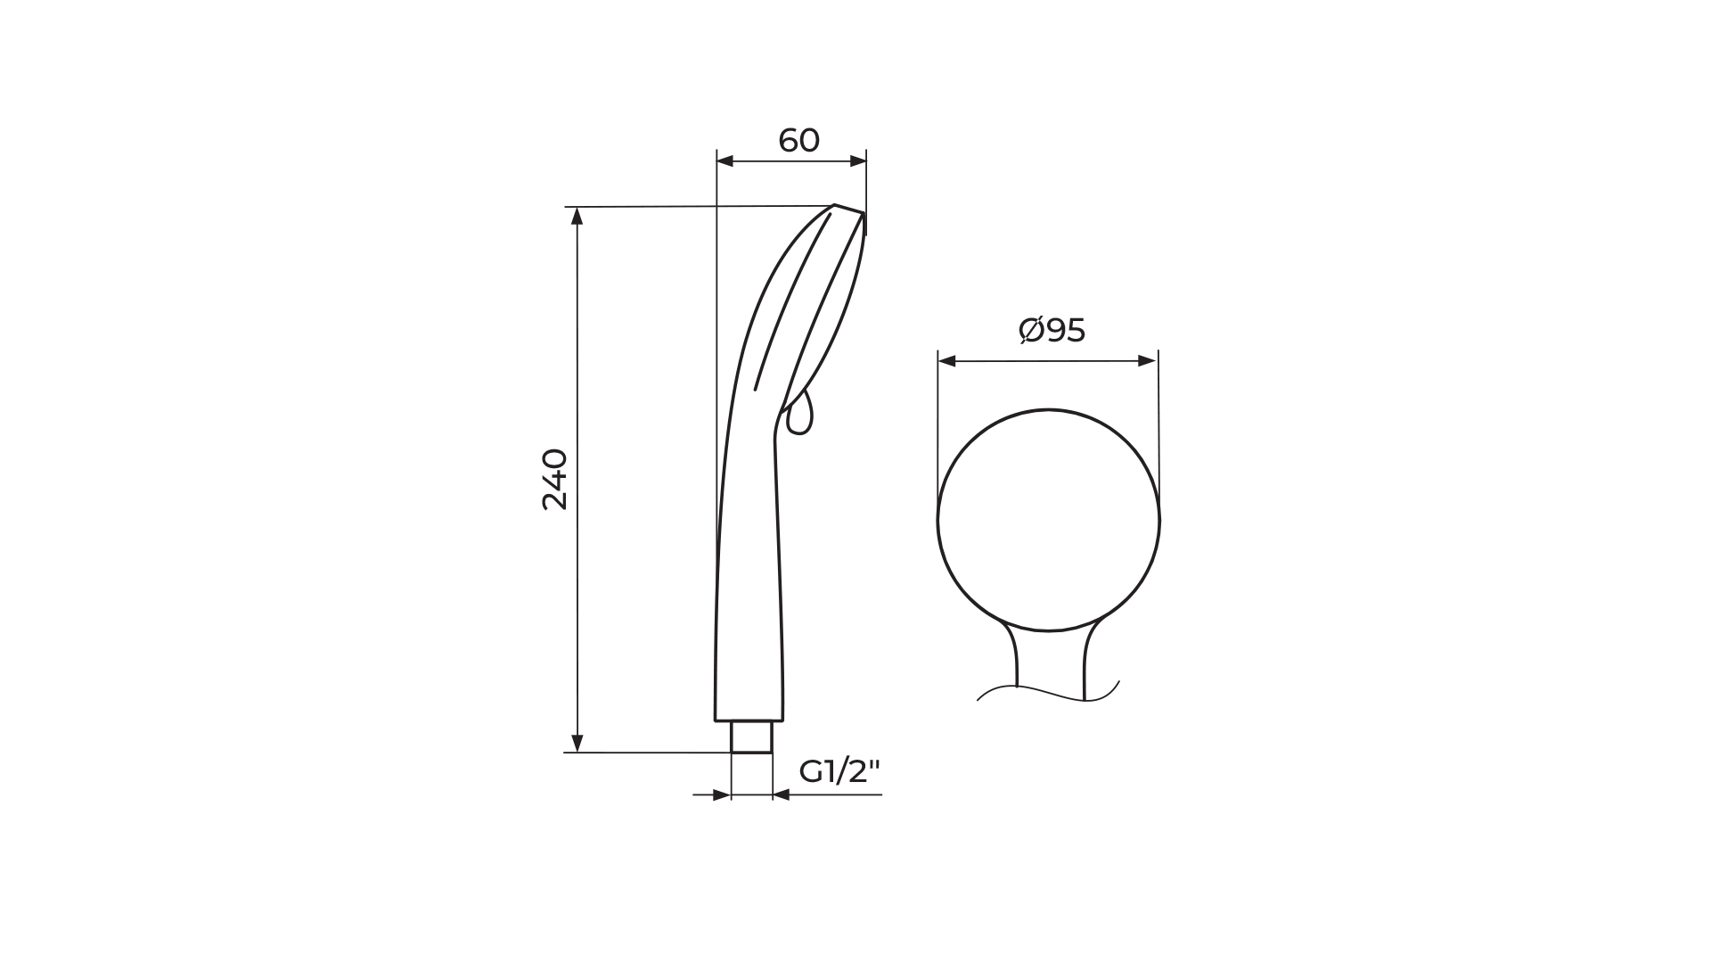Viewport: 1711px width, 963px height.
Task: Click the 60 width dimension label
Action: pyautogui.click(x=798, y=141)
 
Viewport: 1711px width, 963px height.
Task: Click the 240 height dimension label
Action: pyautogui.click(x=555, y=480)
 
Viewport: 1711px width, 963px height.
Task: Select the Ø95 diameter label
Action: pyautogui.click(x=1052, y=331)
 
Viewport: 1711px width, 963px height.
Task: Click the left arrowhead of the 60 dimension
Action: pyautogui.click(x=725, y=161)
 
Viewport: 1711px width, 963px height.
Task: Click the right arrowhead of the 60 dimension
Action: pyautogui.click(x=858, y=161)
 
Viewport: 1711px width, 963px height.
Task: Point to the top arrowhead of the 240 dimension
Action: pyautogui.click(x=577, y=216)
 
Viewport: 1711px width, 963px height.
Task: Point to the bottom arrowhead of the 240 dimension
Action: pyautogui.click(x=577, y=744)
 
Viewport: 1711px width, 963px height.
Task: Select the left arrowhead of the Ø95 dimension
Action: pyautogui.click(x=947, y=361)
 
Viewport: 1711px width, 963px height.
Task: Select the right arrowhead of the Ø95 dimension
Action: pyautogui.click(x=1148, y=361)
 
